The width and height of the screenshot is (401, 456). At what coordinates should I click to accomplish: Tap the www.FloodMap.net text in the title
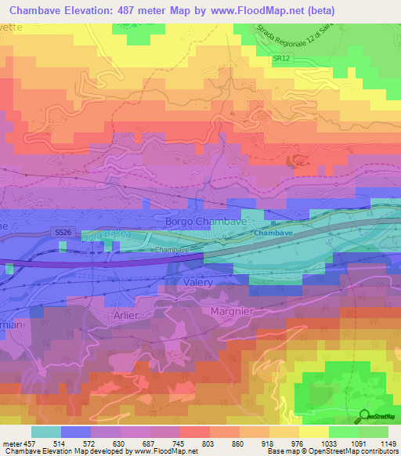pos(249,11)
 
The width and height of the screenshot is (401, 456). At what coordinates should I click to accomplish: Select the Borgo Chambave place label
pos(206,223)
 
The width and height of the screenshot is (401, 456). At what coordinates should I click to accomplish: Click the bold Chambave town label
pos(273,233)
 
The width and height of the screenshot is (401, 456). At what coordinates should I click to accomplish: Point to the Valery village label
pos(197,282)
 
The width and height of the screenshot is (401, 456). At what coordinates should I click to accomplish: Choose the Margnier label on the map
pos(234,311)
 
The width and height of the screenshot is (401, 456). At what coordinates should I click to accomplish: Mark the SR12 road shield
pos(281,59)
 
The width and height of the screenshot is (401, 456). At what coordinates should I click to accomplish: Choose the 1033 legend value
pos(327,443)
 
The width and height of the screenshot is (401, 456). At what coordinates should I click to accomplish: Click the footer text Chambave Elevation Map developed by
pos(59,452)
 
